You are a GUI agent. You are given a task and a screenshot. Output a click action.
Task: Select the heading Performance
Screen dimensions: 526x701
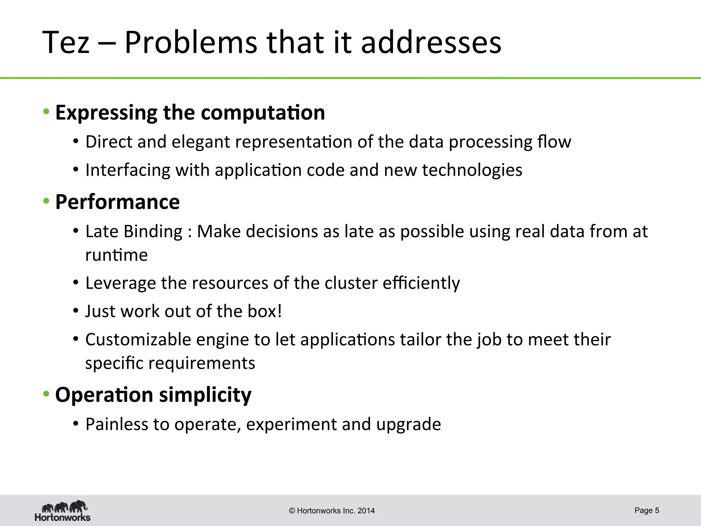click(x=117, y=202)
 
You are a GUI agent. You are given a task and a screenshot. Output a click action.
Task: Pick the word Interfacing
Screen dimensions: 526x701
click(x=128, y=170)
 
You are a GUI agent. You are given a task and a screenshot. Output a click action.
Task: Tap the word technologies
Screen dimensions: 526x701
click(x=472, y=170)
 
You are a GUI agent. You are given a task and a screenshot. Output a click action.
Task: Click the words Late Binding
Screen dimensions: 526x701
click(x=134, y=231)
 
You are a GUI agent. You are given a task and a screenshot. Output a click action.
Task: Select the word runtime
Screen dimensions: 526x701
click(x=116, y=255)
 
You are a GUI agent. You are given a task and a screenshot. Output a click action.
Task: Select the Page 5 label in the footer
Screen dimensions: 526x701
click(x=647, y=510)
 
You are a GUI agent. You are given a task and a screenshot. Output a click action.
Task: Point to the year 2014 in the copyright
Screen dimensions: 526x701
click(x=366, y=511)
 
